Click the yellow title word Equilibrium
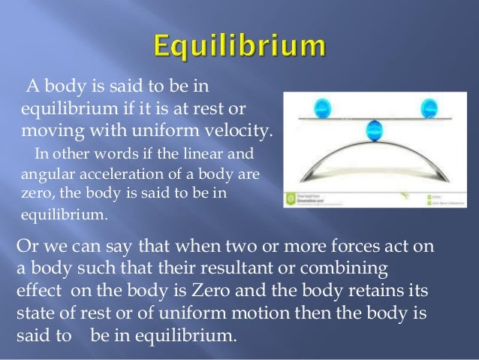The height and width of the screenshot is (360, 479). (239, 47)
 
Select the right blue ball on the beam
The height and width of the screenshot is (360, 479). (430, 107)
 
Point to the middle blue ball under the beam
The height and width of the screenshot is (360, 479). (373, 132)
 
